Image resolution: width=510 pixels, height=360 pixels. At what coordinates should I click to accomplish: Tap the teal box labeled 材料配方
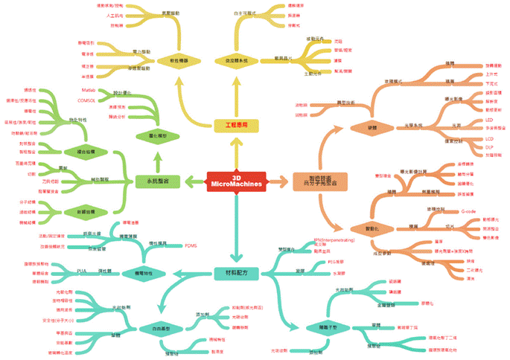click(236, 273)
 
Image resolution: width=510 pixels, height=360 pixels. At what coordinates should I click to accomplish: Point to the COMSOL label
click(89, 98)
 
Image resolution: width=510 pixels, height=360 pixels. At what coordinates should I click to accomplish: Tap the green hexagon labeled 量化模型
click(153, 137)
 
